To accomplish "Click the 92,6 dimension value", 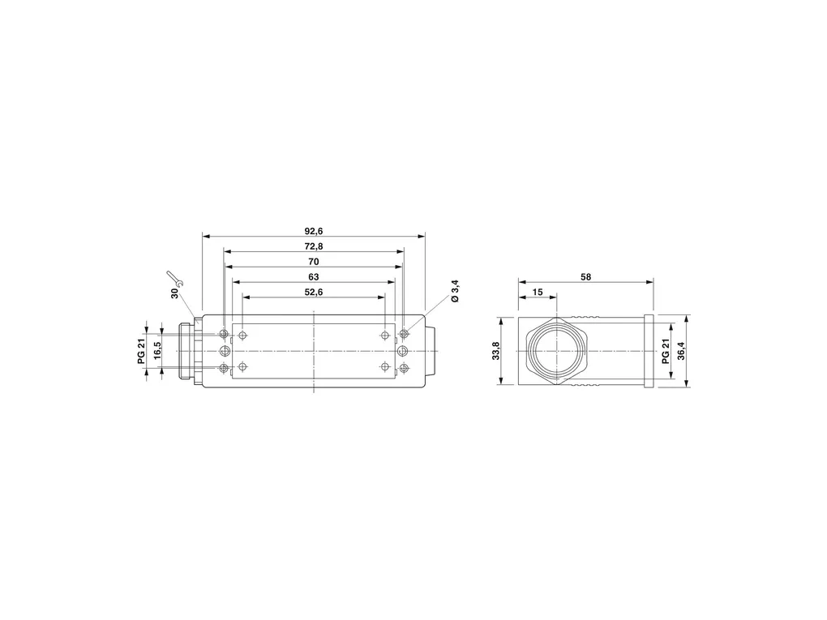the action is coord(313,231).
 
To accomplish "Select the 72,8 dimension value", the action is coord(313,246).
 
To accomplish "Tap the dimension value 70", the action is coord(313,262).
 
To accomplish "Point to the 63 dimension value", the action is coord(313,277).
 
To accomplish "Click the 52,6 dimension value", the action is coord(313,292).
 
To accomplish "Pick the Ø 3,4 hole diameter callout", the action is coord(456,292).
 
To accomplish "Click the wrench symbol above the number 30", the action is coord(174,278).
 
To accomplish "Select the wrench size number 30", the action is coord(174,293).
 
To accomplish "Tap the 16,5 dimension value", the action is coord(157,351).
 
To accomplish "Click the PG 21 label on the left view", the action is coord(141,351).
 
